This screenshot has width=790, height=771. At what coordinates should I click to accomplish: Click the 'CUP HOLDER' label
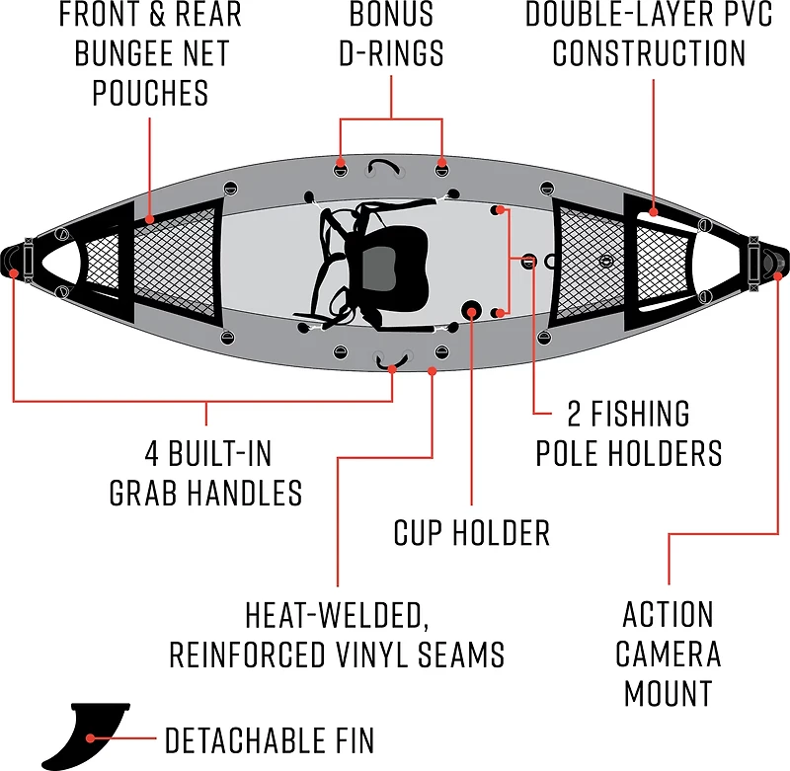click(x=471, y=533)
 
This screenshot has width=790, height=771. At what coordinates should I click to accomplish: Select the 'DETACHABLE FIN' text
click(x=270, y=739)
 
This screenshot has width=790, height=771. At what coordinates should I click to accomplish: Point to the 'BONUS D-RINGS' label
click(x=391, y=34)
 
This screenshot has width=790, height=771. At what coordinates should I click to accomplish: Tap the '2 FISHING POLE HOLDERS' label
click(x=628, y=432)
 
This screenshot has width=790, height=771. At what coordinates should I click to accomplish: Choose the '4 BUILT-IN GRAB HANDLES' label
click(x=206, y=472)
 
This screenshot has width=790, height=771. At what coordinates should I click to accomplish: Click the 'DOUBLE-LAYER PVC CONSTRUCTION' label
click(x=649, y=34)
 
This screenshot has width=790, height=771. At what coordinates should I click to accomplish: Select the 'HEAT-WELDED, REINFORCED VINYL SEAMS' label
click(x=337, y=634)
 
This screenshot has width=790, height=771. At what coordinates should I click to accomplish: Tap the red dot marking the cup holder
click(x=473, y=313)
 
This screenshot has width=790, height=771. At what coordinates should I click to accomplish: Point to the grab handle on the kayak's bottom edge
click(x=392, y=358)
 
